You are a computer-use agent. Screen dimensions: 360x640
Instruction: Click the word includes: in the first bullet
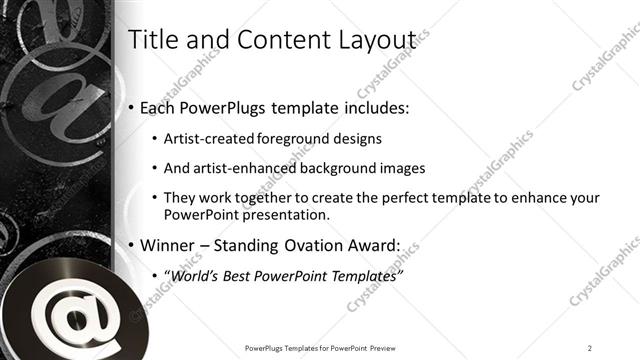[x=371, y=108]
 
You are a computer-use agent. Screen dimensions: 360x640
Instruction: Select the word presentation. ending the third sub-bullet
[x=287, y=215]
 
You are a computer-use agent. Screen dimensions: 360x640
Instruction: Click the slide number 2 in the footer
[x=590, y=347]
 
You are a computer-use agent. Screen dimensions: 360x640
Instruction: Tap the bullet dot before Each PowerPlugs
[x=133, y=108]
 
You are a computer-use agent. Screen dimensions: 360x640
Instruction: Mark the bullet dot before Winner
[x=133, y=245]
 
